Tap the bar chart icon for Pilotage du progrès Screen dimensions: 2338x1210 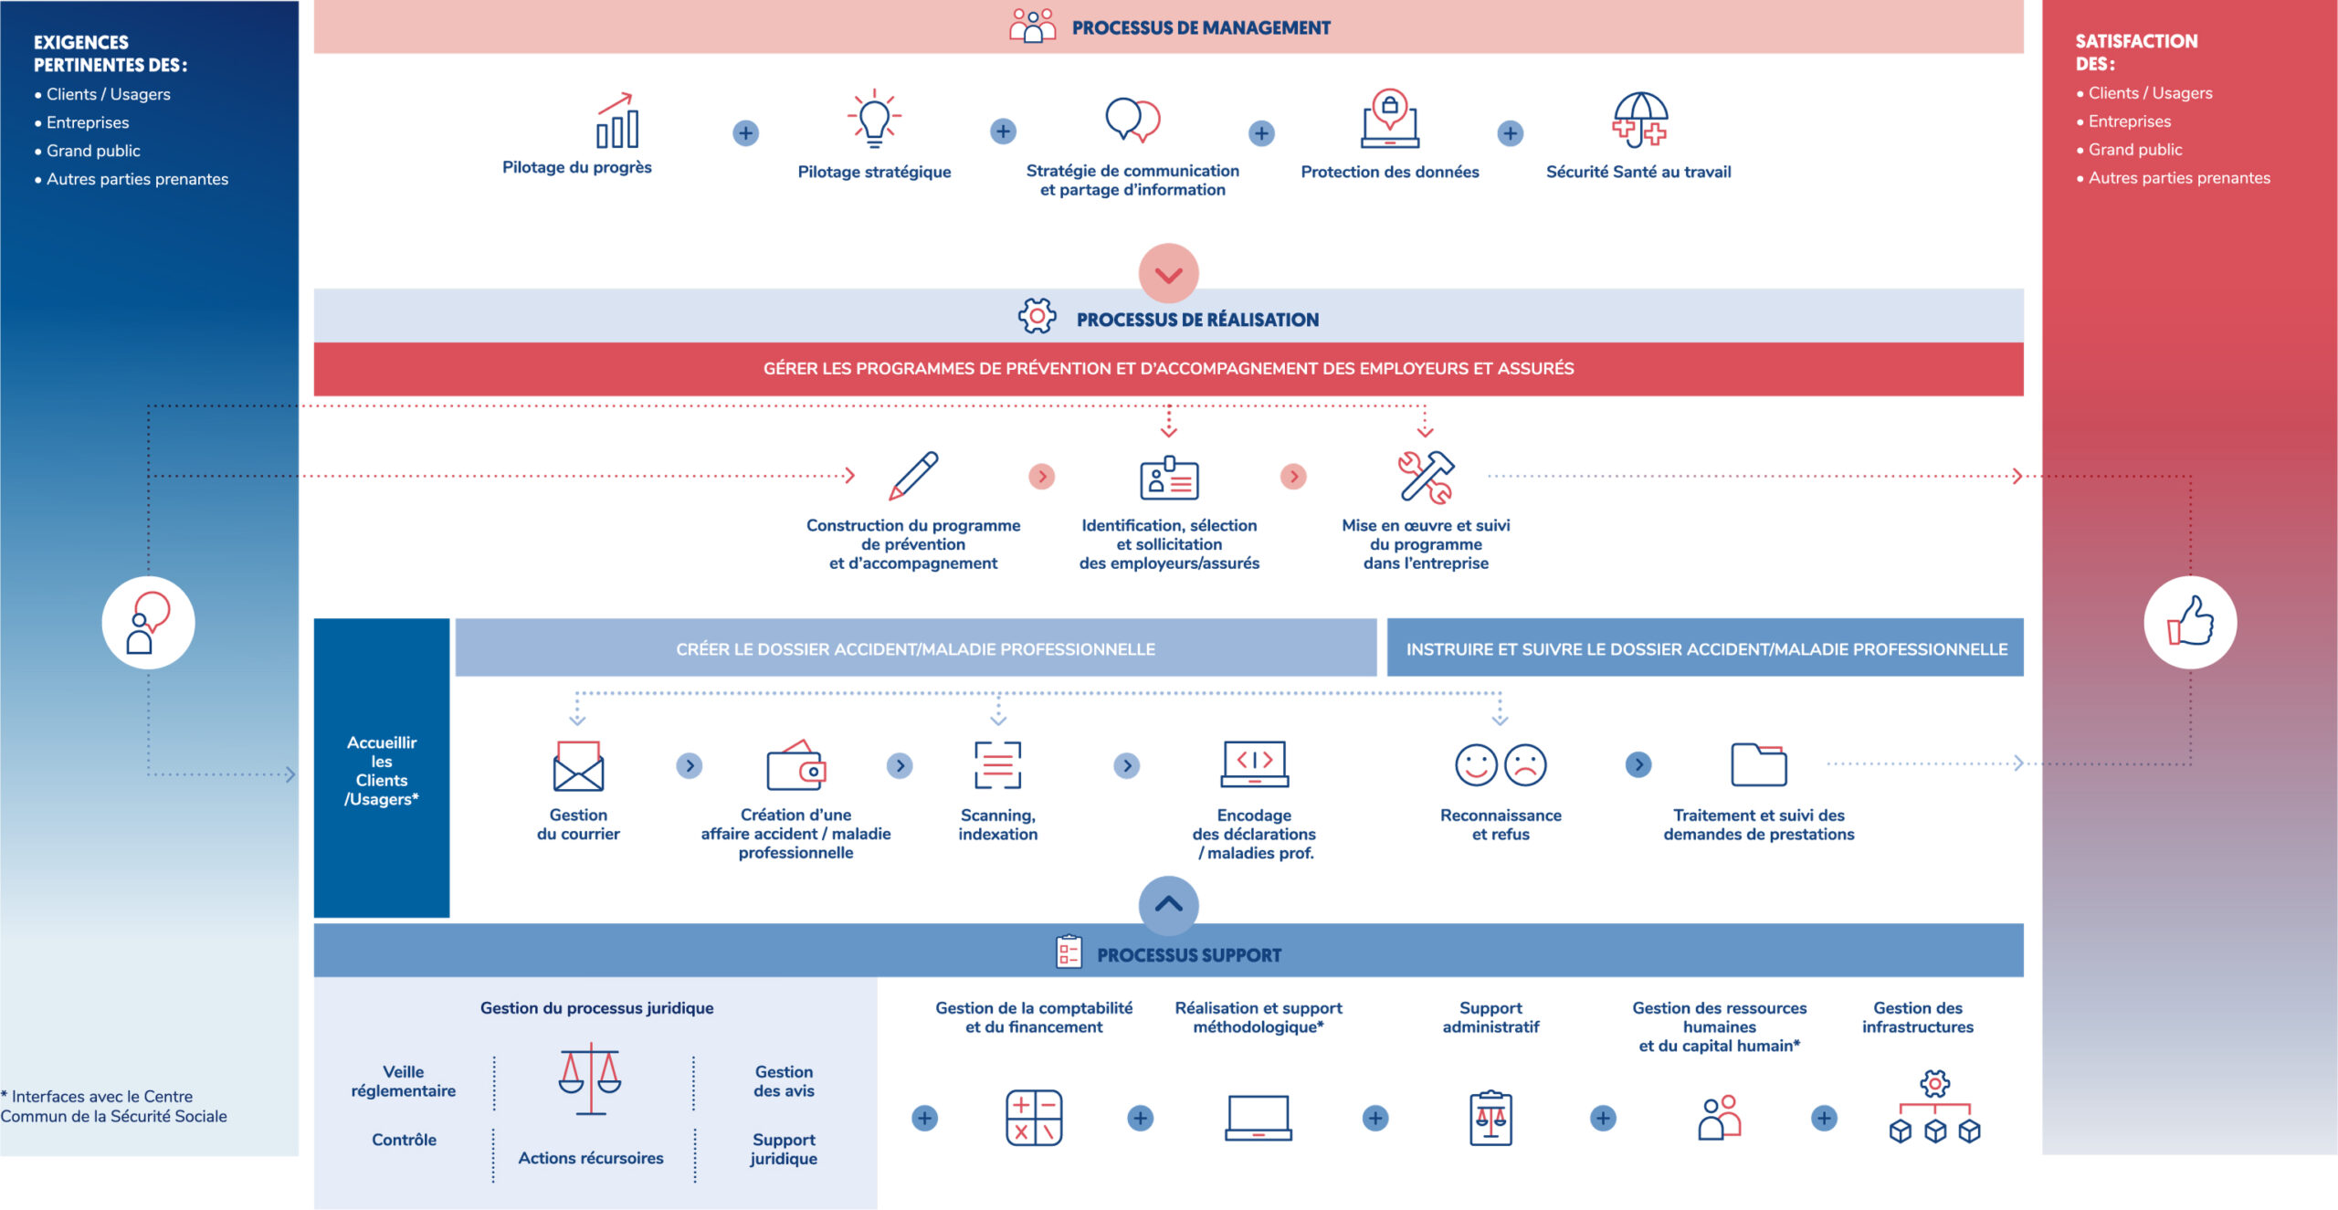[x=616, y=121]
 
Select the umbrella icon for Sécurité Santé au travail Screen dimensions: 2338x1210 [x=1640, y=120]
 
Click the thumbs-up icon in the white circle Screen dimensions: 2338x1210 [x=2191, y=621]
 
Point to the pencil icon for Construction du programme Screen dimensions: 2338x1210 [x=913, y=475]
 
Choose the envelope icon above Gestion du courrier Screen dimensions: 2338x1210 [x=578, y=765]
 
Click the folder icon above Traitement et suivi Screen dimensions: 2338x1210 [x=1759, y=764]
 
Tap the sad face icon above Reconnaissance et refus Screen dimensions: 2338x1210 [x=1525, y=765]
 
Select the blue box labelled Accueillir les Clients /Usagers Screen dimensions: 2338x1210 [x=382, y=768]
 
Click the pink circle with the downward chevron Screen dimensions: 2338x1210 [x=1169, y=273]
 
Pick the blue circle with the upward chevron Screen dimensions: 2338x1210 [x=1169, y=905]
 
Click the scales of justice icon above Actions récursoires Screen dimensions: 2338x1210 [x=591, y=1078]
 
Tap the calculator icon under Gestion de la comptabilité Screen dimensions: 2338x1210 [x=1034, y=1118]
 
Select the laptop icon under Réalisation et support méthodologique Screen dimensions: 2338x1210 [x=1259, y=1118]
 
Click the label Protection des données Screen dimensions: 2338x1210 [x=1390, y=172]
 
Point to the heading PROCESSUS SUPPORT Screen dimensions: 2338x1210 [x=1189, y=955]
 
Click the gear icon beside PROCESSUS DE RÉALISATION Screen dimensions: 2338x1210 [x=1037, y=316]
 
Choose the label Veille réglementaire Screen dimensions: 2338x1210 [x=404, y=1081]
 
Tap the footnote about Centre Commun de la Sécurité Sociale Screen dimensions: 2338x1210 [x=114, y=1106]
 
